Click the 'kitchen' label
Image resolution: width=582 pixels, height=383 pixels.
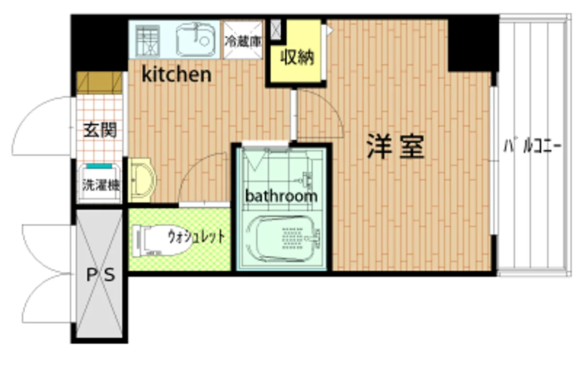pos(177,75)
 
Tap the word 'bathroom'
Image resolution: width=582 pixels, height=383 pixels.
pos(281,196)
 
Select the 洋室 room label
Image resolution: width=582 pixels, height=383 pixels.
pos(395,147)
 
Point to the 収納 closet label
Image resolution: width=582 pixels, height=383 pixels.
pos(297,57)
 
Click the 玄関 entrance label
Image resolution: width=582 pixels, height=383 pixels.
pos(100,130)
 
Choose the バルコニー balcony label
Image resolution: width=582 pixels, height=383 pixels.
pos(533,147)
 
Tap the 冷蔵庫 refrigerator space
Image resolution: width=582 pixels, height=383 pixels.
pos(243,40)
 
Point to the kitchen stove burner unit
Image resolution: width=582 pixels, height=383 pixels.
pos(147,40)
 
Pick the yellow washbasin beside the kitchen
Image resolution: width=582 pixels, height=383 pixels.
pos(142,180)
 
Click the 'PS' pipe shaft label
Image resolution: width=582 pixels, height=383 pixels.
pos(100,275)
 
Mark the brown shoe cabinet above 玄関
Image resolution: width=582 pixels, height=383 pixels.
pos(99,83)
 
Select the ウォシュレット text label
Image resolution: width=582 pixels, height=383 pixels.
pos(196,236)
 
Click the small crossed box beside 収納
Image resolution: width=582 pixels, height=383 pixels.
pos(275,30)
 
